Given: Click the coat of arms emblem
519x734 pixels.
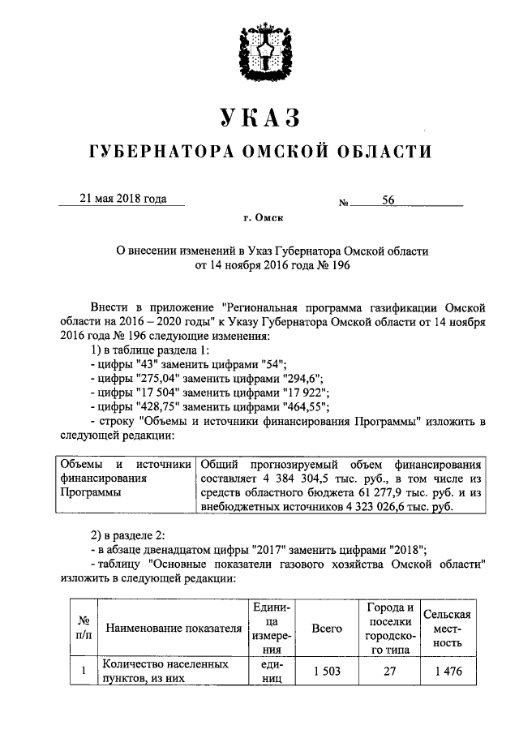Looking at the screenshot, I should (x=259, y=51).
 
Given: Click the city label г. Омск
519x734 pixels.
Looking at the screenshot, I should (x=260, y=217).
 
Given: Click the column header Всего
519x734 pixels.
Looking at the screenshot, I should (x=327, y=629).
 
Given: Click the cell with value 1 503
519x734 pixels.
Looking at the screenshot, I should (x=327, y=672).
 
